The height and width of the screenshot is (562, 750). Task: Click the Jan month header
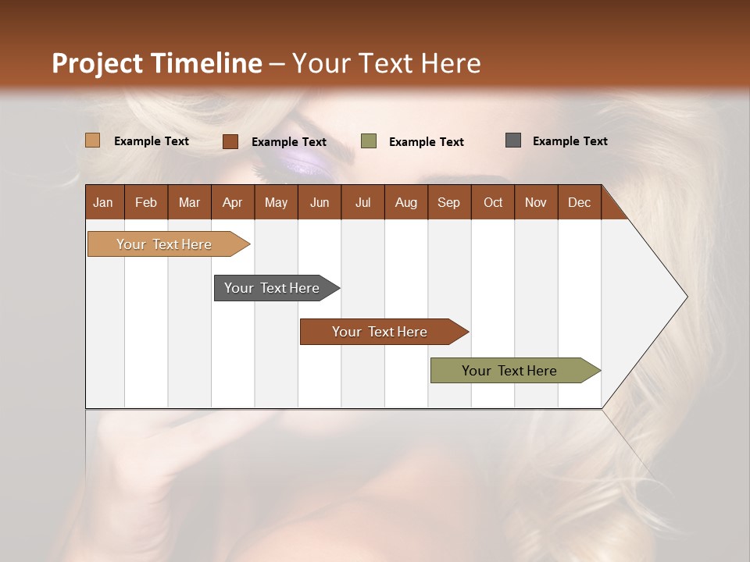[x=103, y=202]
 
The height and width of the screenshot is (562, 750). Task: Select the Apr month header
[x=232, y=202]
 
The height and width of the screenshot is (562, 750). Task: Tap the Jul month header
[x=362, y=202]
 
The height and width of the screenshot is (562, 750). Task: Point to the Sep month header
[x=448, y=202]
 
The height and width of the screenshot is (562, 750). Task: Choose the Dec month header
[x=579, y=202]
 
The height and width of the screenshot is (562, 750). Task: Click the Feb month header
[x=146, y=202]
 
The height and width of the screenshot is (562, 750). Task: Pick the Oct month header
[x=493, y=202]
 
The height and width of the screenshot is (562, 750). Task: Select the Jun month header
[x=320, y=202]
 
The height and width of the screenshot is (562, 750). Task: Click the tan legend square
[x=92, y=140]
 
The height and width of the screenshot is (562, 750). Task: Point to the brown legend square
[x=230, y=141]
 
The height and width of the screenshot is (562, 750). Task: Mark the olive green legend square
[x=369, y=141]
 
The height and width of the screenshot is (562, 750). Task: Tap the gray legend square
[x=513, y=140]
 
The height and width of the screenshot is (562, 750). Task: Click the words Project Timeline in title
[x=156, y=63]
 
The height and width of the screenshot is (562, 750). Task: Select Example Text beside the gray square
[x=570, y=141]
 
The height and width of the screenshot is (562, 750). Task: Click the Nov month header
[x=536, y=202]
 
